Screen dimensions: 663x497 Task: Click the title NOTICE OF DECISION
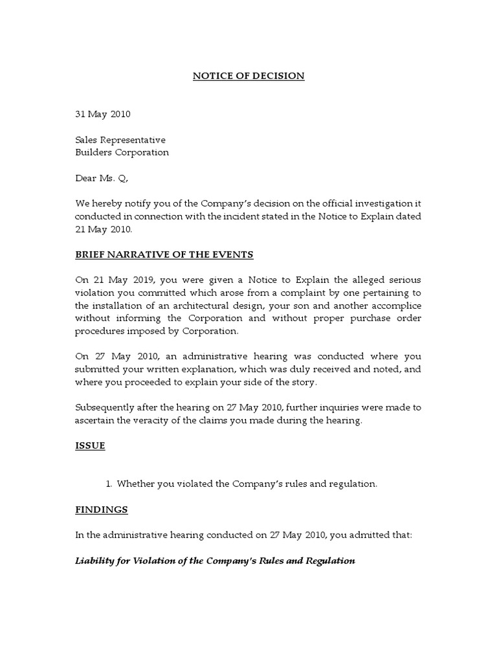pyautogui.click(x=248, y=76)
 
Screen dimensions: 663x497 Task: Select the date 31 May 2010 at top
pyautogui.click(x=102, y=115)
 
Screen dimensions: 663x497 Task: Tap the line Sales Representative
pyautogui.click(x=120, y=140)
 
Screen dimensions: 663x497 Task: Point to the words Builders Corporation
pyautogui.click(x=122, y=153)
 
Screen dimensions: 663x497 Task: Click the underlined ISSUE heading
pyautogui.click(x=90, y=445)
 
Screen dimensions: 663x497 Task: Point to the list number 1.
pyautogui.click(x=108, y=484)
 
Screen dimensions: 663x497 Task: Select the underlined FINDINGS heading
pyautogui.click(x=102, y=510)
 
